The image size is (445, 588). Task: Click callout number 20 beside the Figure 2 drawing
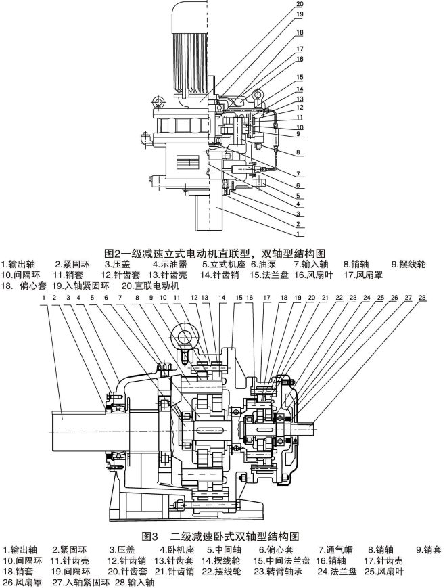[x=300, y=4]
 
